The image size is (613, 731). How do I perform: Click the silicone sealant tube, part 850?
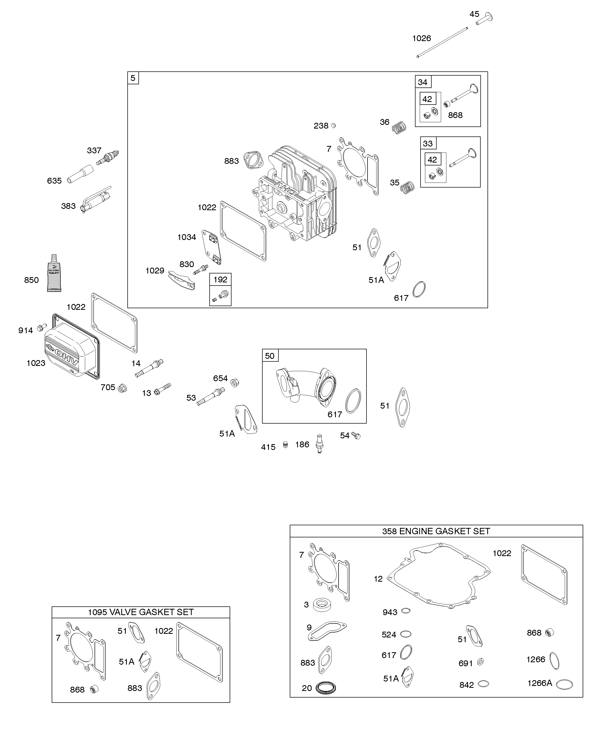tap(54, 273)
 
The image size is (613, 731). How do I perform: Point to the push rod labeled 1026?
tap(442, 42)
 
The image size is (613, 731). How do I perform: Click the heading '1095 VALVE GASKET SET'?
tap(141, 612)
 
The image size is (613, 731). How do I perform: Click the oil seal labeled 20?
tap(326, 688)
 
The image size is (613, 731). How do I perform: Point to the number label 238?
tap(321, 126)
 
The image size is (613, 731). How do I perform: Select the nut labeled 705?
tap(122, 388)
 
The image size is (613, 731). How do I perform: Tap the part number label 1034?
tap(186, 237)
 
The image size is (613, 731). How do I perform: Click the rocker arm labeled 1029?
tap(181, 281)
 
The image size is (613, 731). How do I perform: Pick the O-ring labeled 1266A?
tap(564, 684)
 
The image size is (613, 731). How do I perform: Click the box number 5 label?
tap(133, 78)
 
